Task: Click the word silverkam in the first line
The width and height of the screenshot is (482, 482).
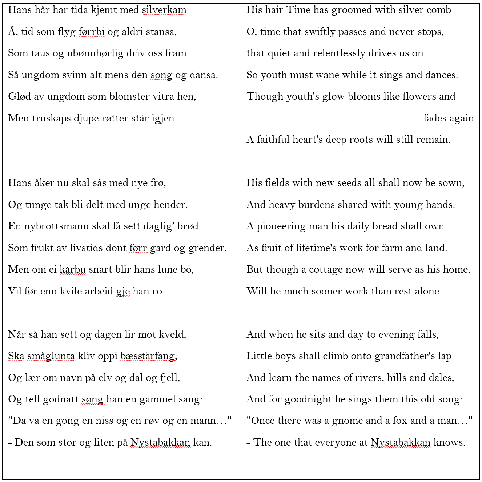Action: coord(164,10)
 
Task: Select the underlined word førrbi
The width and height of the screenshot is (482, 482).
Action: coord(92,32)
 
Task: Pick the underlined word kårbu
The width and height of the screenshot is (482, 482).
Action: coord(73,269)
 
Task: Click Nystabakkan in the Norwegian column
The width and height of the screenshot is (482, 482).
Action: coord(160,442)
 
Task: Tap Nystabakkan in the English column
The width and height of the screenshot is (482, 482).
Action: coord(401,442)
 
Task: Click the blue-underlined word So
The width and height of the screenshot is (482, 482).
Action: coord(252,75)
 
